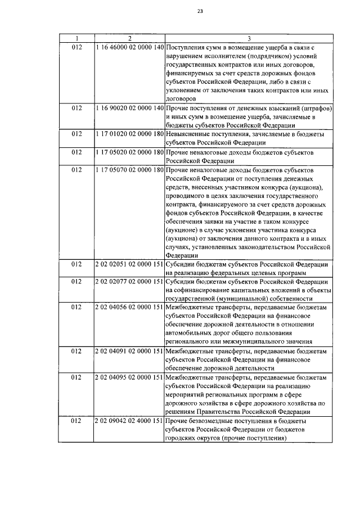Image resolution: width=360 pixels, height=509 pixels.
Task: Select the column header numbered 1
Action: coord(77,38)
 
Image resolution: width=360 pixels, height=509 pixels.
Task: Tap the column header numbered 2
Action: coord(130,38)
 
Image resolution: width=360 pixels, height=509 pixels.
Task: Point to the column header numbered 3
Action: coord(249,38)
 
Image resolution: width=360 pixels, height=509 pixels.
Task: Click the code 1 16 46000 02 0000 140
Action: coord(130,47)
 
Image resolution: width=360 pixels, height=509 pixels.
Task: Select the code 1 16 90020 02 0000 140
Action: coord(130,107)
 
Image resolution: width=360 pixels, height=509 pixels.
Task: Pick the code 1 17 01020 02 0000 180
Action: coord(130,135)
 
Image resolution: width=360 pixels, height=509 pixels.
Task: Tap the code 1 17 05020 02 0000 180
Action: coord(130,152)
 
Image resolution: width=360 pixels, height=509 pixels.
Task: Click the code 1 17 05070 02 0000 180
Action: coord(130,169)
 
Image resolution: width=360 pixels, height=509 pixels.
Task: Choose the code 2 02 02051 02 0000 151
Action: coord(130,264)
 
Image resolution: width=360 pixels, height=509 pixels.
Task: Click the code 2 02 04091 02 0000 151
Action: coord(130,351)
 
